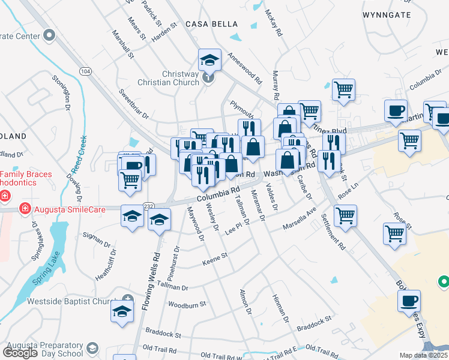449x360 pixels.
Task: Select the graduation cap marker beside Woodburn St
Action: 122,311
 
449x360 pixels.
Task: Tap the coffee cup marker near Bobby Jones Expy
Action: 409,301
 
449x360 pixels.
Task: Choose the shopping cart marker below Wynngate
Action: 343,90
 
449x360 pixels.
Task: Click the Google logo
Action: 20,353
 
